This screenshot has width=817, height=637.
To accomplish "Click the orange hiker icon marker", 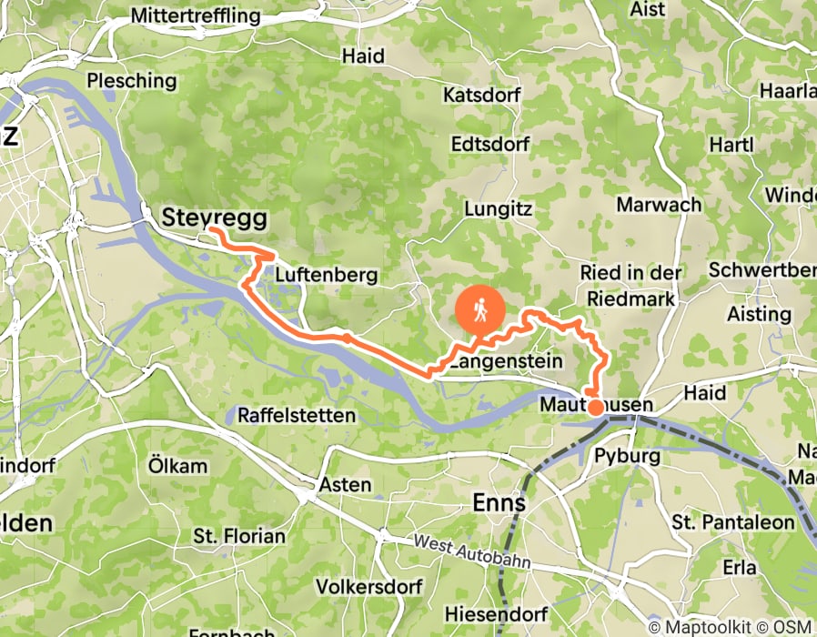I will (479, 312).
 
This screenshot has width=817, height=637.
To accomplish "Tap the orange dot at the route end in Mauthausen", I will (595, 407).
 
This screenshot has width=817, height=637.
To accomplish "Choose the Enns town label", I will (499, 503).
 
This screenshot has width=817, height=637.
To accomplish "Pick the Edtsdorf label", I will (490, 145).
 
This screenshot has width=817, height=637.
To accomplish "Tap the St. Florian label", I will (239, 536).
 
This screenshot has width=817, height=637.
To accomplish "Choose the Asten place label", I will (344, 485).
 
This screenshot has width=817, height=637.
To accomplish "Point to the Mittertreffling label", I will (195, 16).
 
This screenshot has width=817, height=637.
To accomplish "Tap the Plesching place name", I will (132, 80).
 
